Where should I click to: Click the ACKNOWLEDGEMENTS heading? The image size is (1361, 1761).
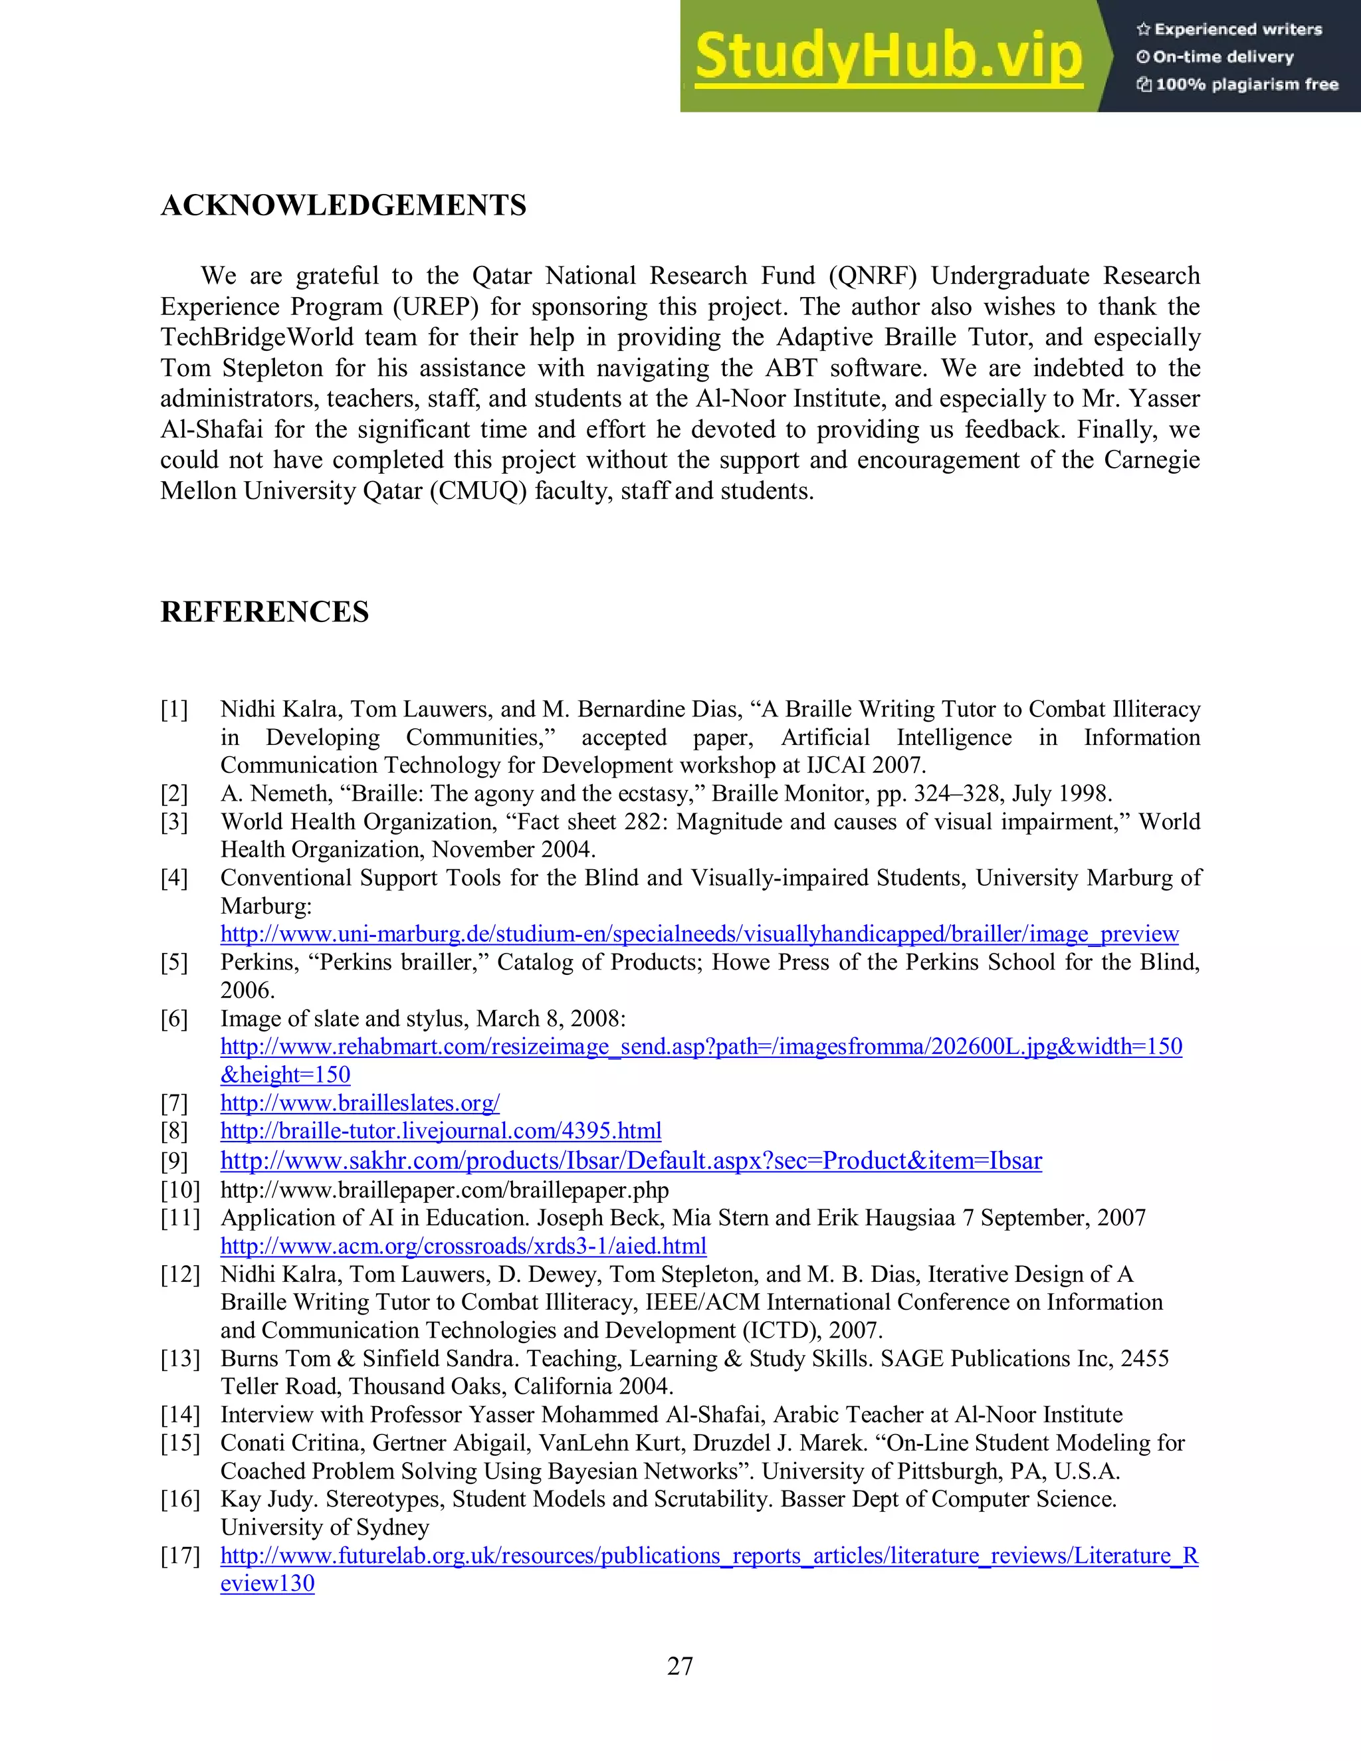(x=344, y=205)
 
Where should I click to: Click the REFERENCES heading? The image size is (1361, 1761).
(x=264, y=612)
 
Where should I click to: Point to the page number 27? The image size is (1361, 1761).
(x=680, y=1667)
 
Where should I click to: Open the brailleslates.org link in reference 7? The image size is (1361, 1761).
(x=360, y=1102)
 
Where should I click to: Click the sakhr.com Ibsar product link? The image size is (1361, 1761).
(x=631, y=1160)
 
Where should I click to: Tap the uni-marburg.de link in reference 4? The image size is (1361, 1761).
(x=699, y=934)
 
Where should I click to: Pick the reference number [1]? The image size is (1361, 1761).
(x=174, y=710)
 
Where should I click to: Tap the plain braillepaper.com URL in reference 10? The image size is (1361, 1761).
(x=445, y=1190)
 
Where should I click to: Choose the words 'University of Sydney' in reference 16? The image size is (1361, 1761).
(x=324, y=1527)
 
